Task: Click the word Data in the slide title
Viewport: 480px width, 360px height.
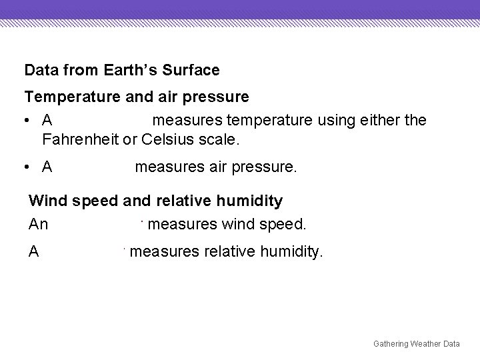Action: coord(39,69)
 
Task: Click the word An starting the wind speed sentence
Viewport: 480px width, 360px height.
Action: coord(39,225)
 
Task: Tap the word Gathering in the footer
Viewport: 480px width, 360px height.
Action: coord(392,343)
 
